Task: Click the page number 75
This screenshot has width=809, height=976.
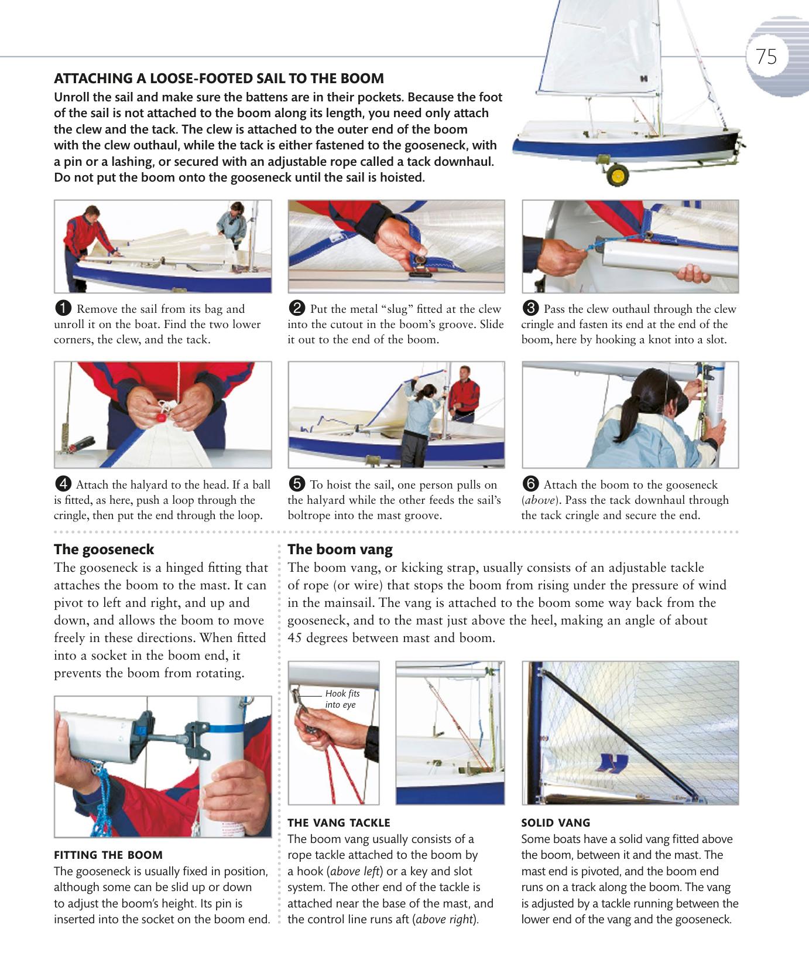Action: tap(766, 57)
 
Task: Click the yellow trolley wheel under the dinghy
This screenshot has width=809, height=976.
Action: tap(617, 175)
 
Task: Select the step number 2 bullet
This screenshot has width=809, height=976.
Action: tap(297, 309)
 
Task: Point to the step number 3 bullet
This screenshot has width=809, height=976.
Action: tap(531, 309)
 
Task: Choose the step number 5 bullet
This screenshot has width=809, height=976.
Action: tap(297, 484)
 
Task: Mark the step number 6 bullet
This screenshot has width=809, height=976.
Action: tap(531, 484)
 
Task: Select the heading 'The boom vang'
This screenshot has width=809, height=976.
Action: tap(340, 550)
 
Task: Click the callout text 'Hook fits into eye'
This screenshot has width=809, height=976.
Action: tap(342, 699)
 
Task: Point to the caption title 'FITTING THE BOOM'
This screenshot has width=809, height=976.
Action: tap(108, 855)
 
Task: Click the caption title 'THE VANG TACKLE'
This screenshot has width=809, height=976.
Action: tap(339, 823)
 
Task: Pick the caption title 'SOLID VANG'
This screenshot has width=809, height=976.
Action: tap(556, 823)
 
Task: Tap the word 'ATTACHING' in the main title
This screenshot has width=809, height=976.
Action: tap(92, 79)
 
